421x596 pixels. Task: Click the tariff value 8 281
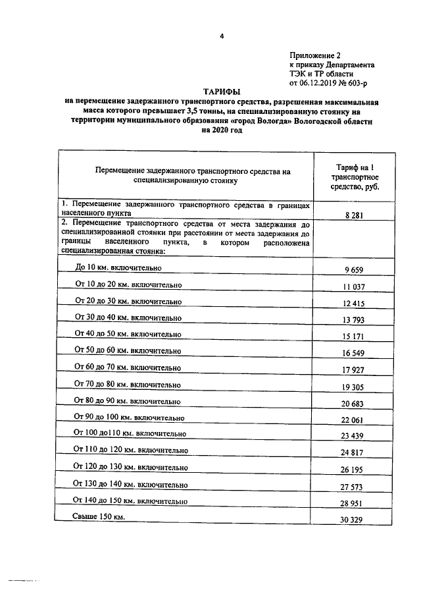[354, 215]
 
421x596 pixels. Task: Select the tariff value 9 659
[354, 270]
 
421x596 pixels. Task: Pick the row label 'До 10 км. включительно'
[119, 268]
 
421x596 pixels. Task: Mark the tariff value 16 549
[354, 354]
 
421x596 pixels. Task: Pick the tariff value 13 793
[354, 320]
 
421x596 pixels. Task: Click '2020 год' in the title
[222, 130]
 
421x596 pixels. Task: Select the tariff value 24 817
[354, 454]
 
